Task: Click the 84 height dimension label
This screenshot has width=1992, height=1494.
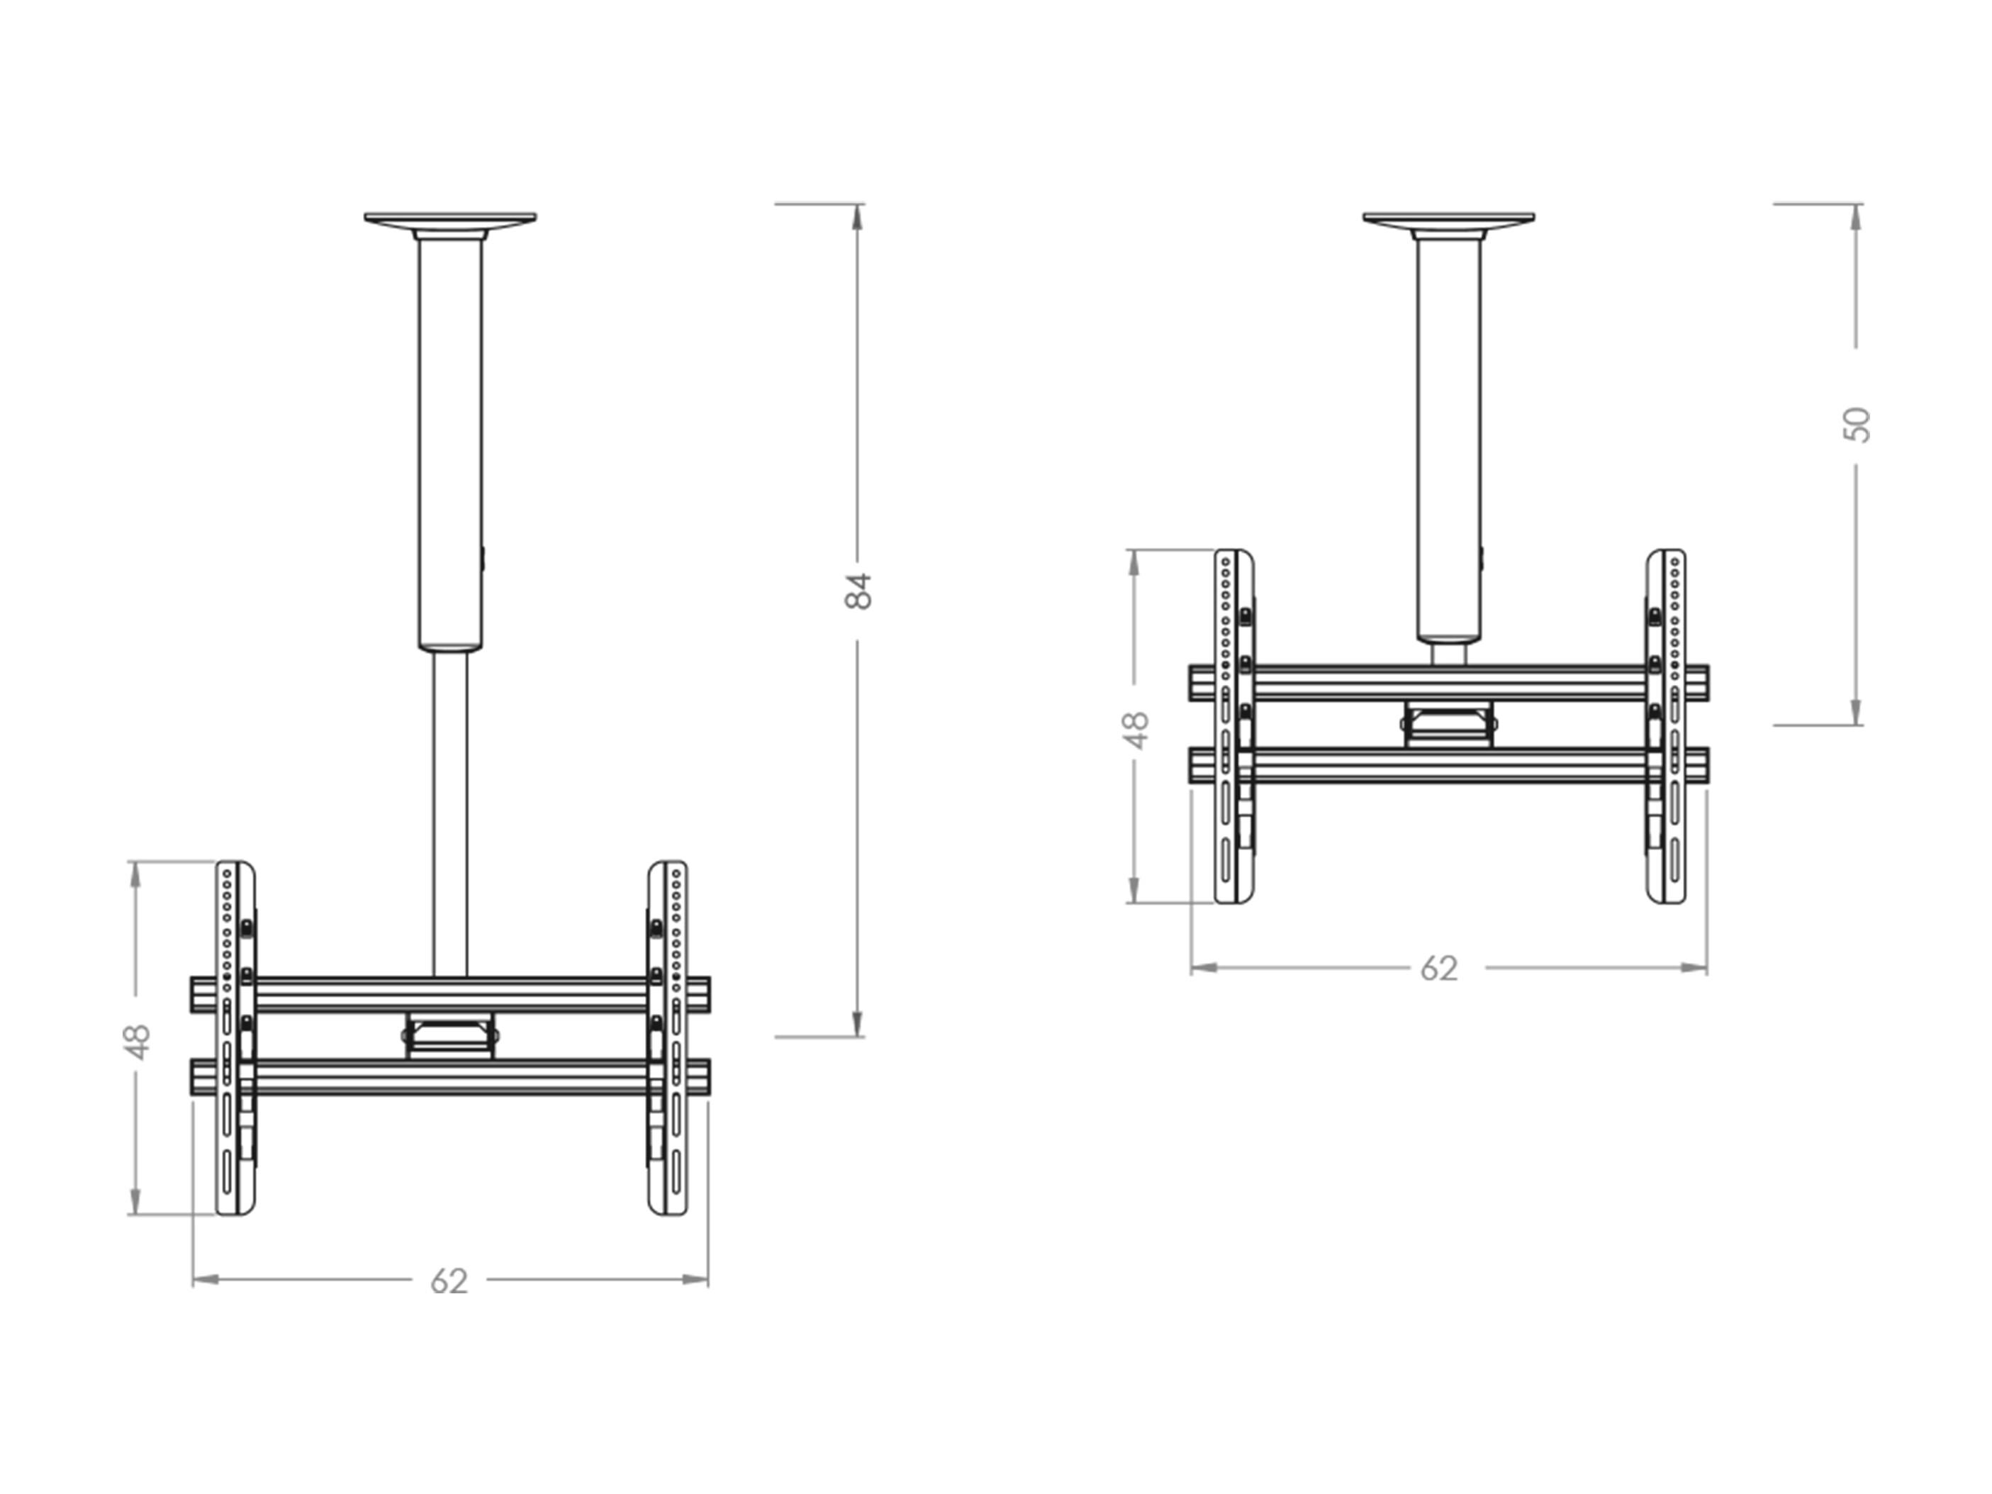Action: coord(859,591)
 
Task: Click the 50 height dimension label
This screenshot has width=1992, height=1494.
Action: coord(1857,425)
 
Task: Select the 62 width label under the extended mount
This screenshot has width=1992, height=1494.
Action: coord(449,1281)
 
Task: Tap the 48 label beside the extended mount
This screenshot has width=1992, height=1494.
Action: coord(138,1042)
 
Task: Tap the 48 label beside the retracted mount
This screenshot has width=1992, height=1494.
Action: coord(1136,730)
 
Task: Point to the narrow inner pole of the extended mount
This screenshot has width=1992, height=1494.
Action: coord(449,814)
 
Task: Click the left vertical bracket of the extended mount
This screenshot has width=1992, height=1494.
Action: coord(236,1038)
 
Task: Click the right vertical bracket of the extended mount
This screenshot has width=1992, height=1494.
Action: coord(667,1038)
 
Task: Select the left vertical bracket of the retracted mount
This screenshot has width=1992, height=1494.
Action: coord(1235,726)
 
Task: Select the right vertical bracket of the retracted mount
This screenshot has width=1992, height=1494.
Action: coord(1666,726)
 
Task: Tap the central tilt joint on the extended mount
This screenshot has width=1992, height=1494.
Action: coord(449,1036)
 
